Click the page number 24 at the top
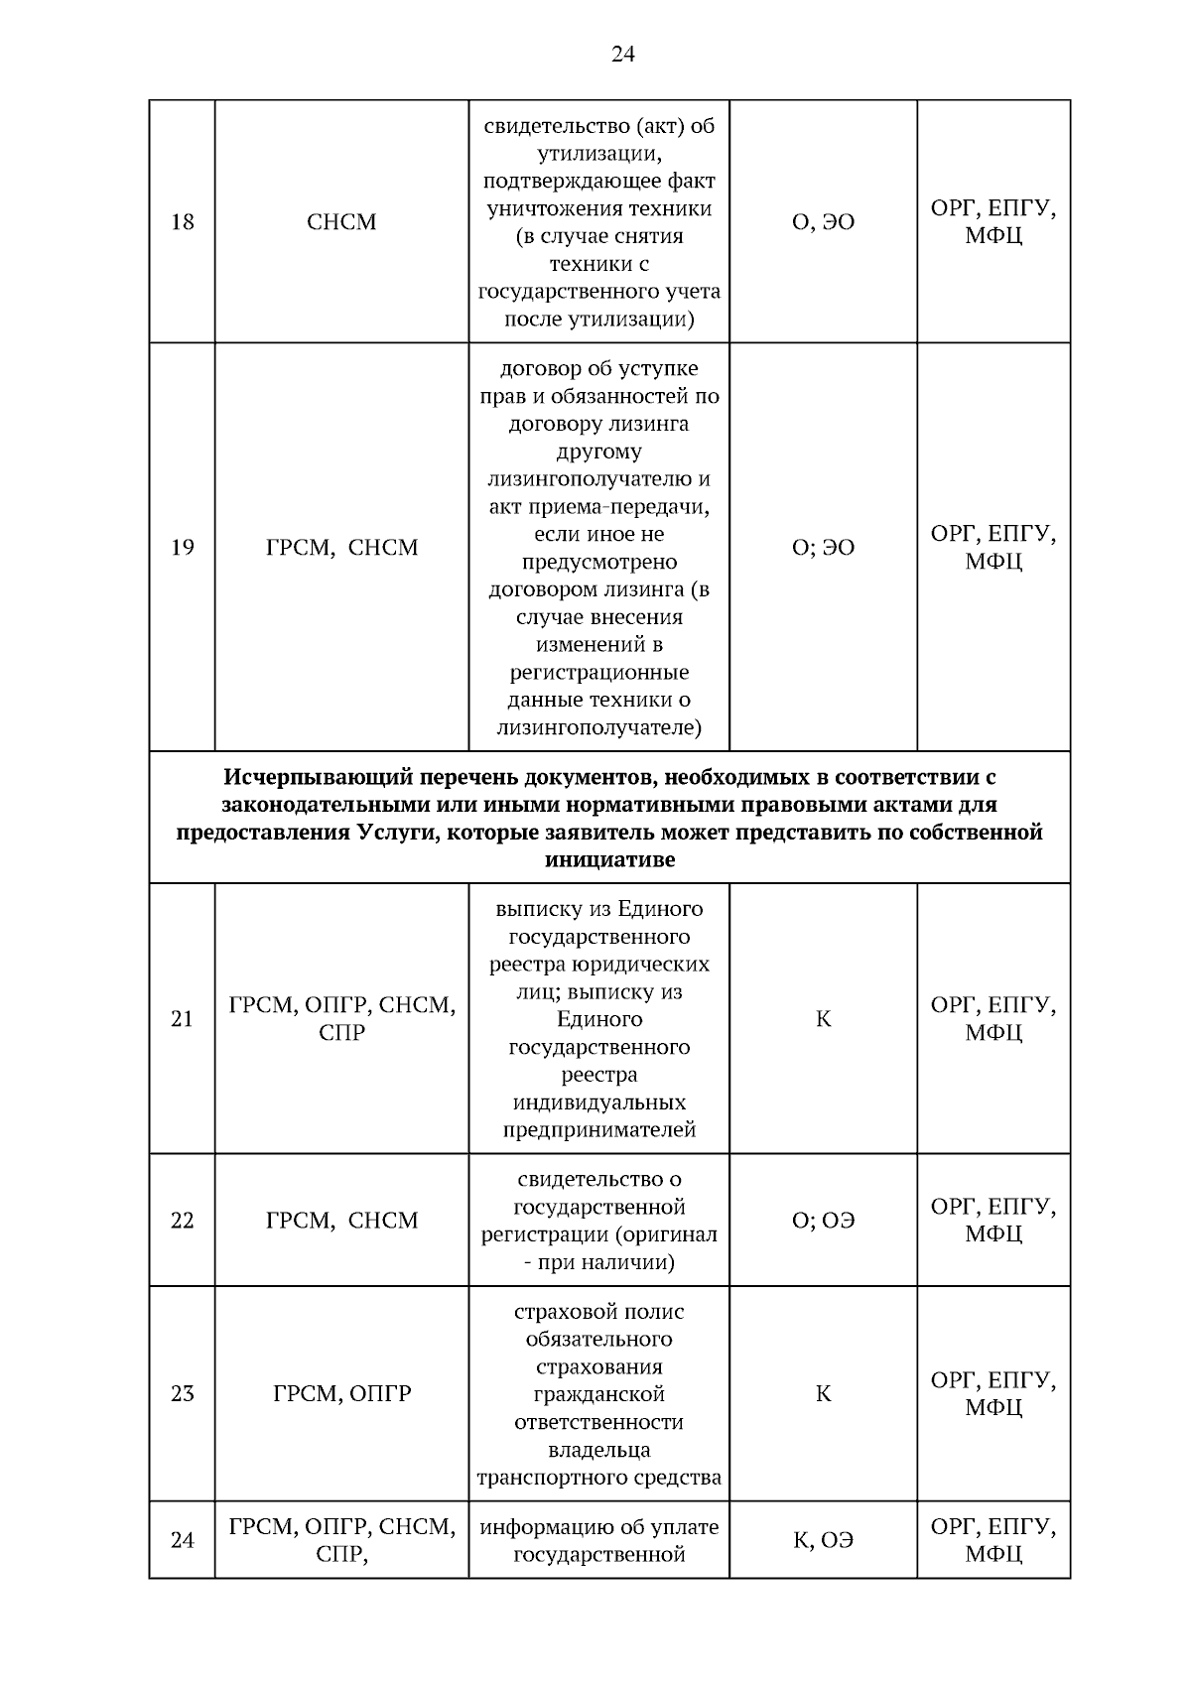point(622,55)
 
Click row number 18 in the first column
point(182,221)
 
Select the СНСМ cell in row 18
point(341,221)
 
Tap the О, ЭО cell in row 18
point(823,222)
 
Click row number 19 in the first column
point(182,547)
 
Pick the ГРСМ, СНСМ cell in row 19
point(341,547)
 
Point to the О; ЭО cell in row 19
point(823,547)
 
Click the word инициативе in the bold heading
point(609,860)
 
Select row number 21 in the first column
point(182,1019)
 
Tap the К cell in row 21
point(823,1019)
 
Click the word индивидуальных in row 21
point(598,1102)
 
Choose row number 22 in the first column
point(182,1220)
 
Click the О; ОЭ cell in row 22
point(823,1220)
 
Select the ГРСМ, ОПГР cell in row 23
point(341,1393)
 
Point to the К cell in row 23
point(823,1393)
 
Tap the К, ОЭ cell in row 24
point(823,1540)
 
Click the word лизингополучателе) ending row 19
point(598,728)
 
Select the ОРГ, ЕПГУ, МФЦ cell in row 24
point(992,1540)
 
